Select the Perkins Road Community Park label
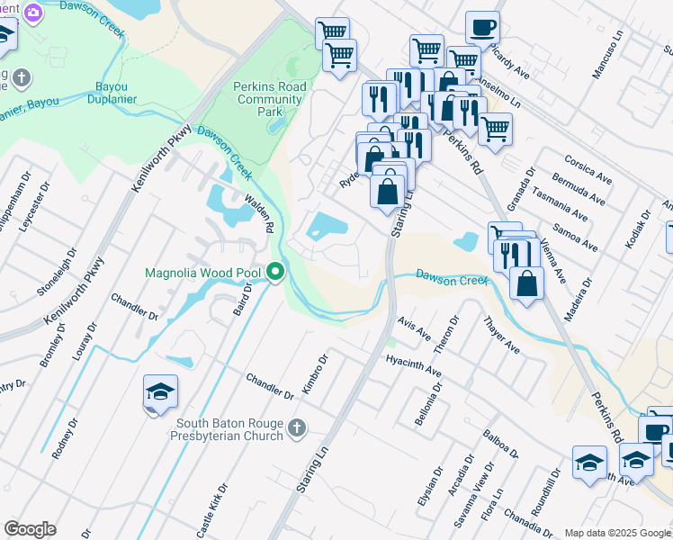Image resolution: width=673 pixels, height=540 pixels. tap(270, 99)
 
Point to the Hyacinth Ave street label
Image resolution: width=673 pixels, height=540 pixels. tap(413, 364)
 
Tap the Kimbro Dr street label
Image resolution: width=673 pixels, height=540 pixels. tap(315, 373)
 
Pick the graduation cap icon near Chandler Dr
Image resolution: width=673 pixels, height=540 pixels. tap(160, 391)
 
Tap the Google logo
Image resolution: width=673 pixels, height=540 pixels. tap(31, 529)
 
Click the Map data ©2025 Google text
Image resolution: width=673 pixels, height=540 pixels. tap(617, 532)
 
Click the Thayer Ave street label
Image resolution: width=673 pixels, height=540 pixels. tap(501, 334)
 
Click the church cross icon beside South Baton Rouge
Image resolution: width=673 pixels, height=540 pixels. tap(298, 429)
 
